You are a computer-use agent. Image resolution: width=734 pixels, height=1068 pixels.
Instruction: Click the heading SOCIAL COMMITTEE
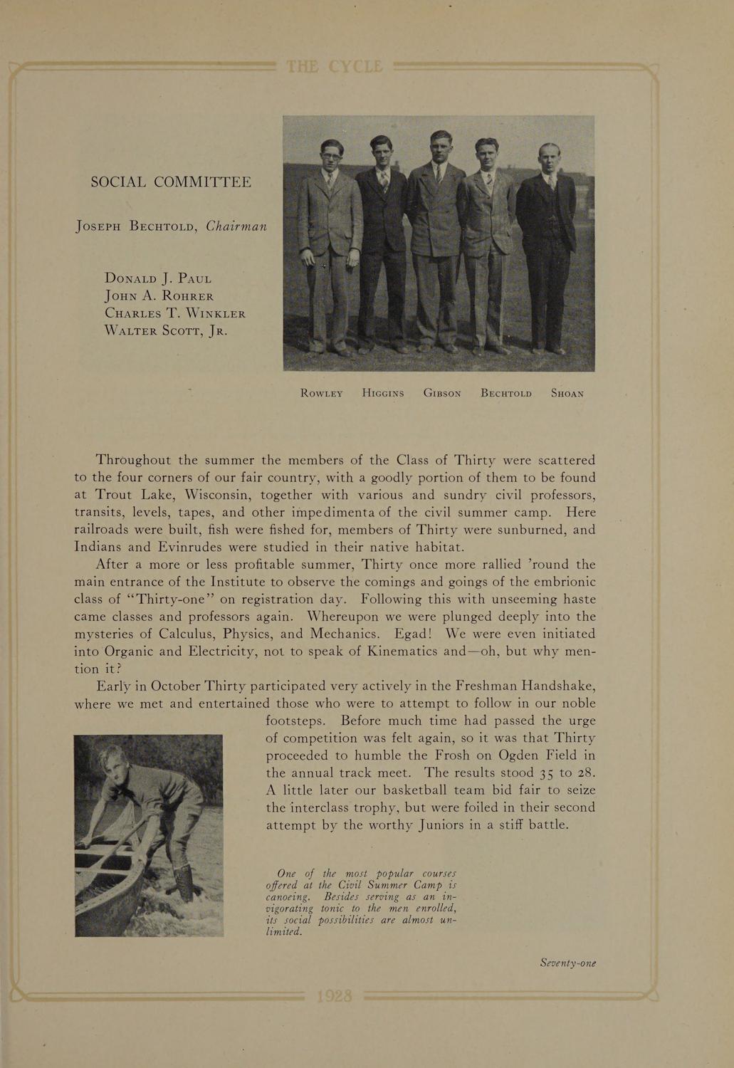pyautogui.click(x=171, y=182)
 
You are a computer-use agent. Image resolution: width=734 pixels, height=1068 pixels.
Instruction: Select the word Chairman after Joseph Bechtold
pyautogui.click(x=236, y=226)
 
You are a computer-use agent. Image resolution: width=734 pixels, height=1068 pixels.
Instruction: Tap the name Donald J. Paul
pyautogui.click(x=158, y=278)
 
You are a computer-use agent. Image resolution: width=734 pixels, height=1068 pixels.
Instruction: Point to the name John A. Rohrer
pyautogui.click(x=159, y=295)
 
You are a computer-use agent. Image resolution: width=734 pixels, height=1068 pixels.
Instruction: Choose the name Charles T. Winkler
pyautogui.click(x=175, y=313)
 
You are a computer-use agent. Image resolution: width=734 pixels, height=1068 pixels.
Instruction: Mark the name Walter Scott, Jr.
pyautogui.click(x=166, y=330)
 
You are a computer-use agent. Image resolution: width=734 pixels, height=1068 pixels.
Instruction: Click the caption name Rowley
pyautogui.click(x=322, y=393)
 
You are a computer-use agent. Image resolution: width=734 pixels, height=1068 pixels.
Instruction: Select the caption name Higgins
pyautogui.click(x=383, y=393)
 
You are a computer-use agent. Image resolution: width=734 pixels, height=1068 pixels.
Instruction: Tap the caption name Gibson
pyautogui.click(x=442, y=393)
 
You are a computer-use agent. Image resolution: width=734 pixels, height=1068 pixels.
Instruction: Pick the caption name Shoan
pyautogui.click(x=567, y=393)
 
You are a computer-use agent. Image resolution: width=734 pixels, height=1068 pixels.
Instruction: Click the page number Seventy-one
pyautogui.click(x=567, y=963)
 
